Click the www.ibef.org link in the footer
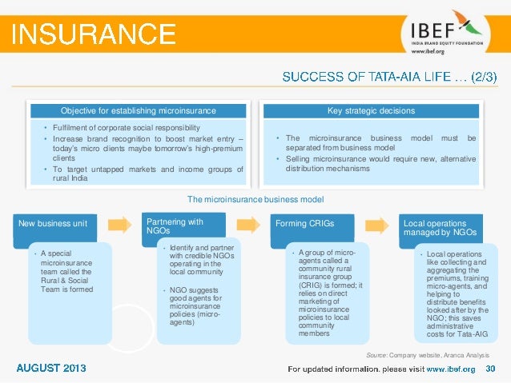tap(450, 369)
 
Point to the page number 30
tap(491, 369)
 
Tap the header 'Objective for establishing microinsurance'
tap(139, 110)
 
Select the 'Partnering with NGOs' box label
tap(175, 225)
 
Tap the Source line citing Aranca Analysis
tap(426, 353)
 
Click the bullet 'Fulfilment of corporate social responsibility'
tap(121, 128)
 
